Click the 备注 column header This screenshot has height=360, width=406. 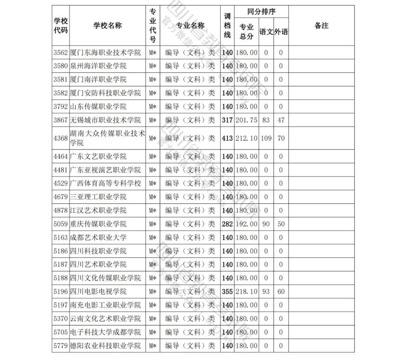point(321,26)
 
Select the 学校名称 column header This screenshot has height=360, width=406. point(108,26)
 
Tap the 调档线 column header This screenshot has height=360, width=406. point(227,26)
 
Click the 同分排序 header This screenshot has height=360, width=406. point(261,12)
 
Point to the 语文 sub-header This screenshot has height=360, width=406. point(266,32)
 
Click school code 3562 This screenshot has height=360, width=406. point(61,53)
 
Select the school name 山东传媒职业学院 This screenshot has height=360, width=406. point(98,107)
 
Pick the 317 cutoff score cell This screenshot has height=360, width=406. point(227,120)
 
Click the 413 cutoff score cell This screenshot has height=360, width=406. point(227,138)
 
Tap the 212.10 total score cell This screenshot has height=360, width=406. point(247,138)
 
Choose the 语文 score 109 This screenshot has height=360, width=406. point(266,138)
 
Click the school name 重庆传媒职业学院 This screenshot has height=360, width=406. point(98,224)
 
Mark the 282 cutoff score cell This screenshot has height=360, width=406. point(227,224)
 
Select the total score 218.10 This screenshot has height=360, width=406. point(247,292)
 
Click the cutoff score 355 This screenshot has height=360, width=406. point(227,292)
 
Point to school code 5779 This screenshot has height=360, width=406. point(61,346)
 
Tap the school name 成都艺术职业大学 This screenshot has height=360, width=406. point(98,237)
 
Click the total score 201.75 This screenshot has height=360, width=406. point(247,120)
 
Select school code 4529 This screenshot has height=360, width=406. point(61,183)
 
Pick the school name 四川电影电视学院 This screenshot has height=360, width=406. point(98,292)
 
